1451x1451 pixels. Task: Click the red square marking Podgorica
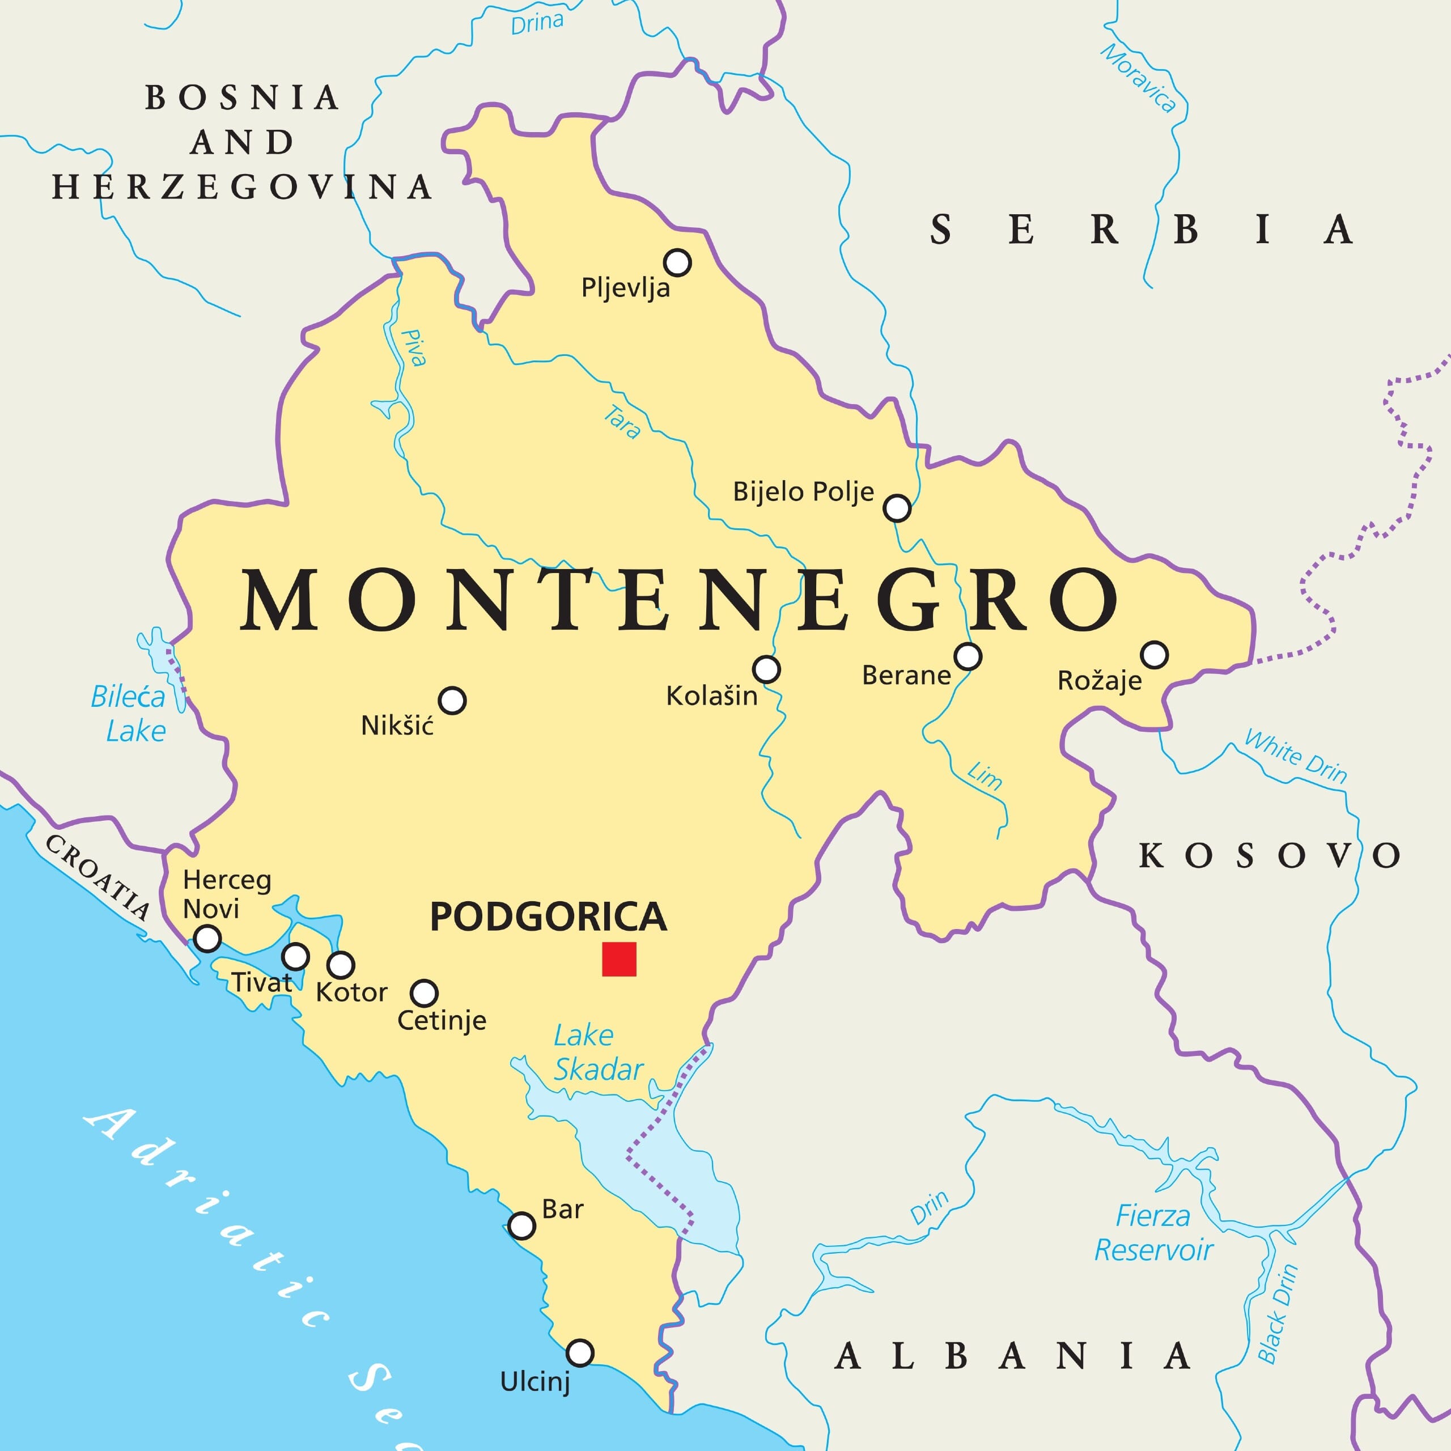pos(619,959)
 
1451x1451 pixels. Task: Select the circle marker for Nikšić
pos(452,700)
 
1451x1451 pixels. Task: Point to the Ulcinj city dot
pos(580,1352)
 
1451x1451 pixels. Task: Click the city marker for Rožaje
pos(1155,655)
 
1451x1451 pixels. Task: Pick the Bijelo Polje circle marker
pos(897,508)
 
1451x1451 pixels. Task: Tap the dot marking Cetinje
pos(425,993)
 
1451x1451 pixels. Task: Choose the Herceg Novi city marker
pos(207,939)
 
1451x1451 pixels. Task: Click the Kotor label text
pos(351,993)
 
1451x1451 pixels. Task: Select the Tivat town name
pos(261,982)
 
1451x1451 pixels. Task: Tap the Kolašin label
pos(711,696)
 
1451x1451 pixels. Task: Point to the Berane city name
pos(906,675)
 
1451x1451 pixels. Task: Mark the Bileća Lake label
pos(129,714)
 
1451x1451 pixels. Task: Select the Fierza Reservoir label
pos(1153,1233)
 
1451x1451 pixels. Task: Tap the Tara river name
pos(622,422)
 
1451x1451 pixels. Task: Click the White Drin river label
pos(1296,756)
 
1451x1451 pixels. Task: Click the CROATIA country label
pos(97,876)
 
